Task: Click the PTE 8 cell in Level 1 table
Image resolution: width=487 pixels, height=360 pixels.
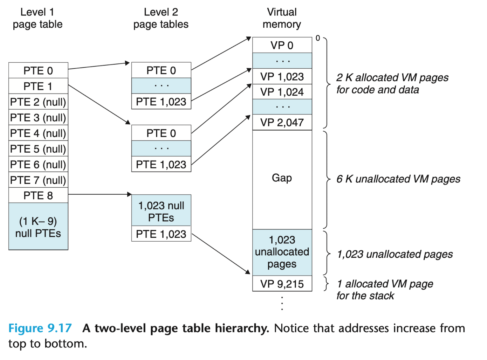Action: [x=38, y=195]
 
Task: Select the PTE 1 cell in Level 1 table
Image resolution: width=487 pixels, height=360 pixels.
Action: [x=38, y=86]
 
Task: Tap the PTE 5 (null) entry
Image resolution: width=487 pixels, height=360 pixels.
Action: [x=38, y=148]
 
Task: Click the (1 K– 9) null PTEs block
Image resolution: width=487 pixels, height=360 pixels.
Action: [x=38, y=227]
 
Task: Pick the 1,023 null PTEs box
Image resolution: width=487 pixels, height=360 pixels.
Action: [x=161, y=210]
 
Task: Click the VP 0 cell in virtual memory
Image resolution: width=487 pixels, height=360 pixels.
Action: [x=282, y=45]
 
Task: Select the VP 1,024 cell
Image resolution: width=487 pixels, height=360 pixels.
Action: [x=282, y=92]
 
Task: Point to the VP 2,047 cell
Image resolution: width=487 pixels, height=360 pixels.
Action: [x=282, y=122]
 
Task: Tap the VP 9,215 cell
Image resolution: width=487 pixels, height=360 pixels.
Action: [x=282, y=284]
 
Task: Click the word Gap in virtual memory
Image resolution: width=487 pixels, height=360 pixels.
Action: [x=282, y=178]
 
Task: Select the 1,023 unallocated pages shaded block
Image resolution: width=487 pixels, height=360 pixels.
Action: [x=282, y=252]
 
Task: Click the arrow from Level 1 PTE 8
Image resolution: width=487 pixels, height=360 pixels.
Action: [x=100, y=194]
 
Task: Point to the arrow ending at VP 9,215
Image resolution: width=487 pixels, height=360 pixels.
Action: [x=221, y=254]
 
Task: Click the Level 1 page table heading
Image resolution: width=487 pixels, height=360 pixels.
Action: [x=37, y=18]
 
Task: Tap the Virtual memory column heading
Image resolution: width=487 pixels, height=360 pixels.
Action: [x=282, y=18]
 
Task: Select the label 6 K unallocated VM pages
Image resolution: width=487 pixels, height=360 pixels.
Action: [x=398, y=179]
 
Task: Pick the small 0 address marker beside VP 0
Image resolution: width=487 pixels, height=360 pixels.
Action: [x=318, y=38]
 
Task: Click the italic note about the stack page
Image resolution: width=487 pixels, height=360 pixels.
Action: [x=385, y=290]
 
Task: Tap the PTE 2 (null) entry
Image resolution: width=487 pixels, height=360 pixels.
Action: [x=38, y=102]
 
